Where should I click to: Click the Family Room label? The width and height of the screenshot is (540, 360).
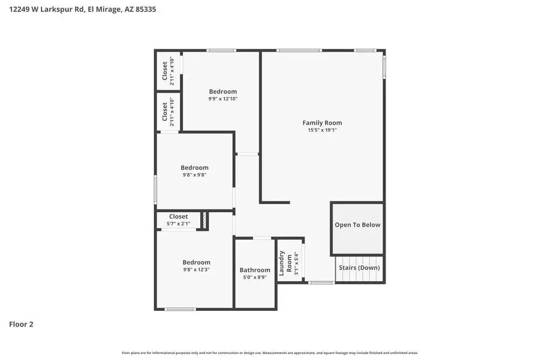pyautogui.click(x=322, y=123)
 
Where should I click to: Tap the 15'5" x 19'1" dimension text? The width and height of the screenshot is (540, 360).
pyautogui.click(x=322, y=130)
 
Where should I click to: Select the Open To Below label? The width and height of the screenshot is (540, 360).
pyautogui.click(x=357, y=225)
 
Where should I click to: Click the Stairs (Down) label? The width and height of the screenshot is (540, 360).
pyautogui.click(x=359, y=268)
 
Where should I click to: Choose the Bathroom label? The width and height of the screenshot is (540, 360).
pyautogui.click(x=255, y=270)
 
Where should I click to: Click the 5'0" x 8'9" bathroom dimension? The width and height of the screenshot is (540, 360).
pyautogui.click(x=255, y=277)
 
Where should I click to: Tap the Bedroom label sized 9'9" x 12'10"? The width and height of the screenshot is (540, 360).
pyautogui.click(x=223, y=92)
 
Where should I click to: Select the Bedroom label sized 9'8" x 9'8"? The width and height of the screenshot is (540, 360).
pyautogui.click(x=194, y=168)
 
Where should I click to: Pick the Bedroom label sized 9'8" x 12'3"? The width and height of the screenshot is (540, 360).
pyautogui.click(x=196, y=262)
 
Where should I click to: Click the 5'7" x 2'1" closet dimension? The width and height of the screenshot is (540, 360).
pyautogui.click(x=179, y=223)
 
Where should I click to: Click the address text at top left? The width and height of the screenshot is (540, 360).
pyautogui.click(x=83, y=10)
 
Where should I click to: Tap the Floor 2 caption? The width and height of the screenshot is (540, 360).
pyautogui.click(x=21, y=324)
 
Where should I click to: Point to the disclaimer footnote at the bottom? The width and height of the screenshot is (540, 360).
pyautogui.click(x=270, y=353)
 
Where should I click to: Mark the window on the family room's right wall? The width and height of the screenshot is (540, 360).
pyautogui.click(x=384, y=68)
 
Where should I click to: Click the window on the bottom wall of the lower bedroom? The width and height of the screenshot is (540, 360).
pyautogui.click(x=180, y=309)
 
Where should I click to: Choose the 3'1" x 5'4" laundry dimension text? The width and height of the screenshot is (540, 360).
pyautogui.click(x=296, y=264)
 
